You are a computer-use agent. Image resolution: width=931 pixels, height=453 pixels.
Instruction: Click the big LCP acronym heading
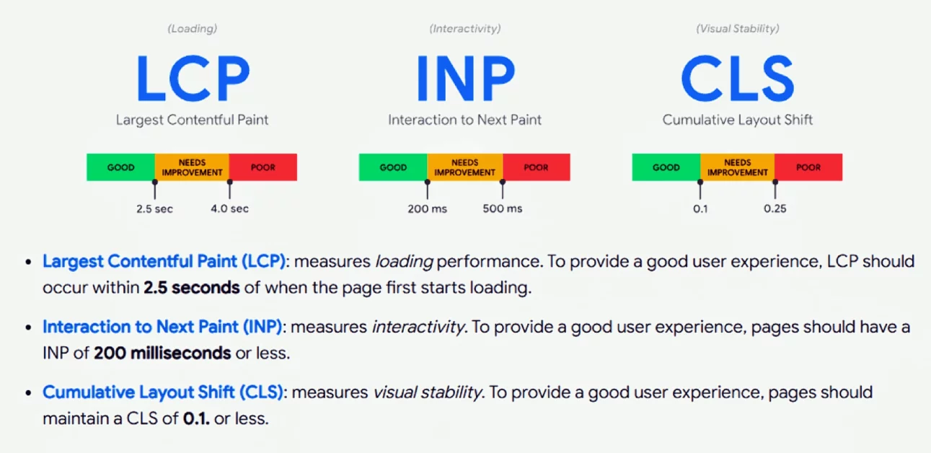coord(193,77)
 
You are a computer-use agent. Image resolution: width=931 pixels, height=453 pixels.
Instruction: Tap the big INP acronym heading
coord(465,77)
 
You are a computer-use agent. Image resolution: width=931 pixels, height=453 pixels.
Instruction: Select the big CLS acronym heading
coord(737,77)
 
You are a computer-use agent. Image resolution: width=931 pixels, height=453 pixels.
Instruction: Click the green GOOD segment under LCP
coord(120,167)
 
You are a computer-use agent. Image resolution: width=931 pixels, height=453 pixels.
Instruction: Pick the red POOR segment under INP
coord(536,167)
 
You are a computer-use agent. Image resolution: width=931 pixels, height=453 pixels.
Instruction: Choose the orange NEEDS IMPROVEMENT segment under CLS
coord(737,167)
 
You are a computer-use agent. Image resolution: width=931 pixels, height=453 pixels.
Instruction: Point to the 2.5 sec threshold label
coord(154,209)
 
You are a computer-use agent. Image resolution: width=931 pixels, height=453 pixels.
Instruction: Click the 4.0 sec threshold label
coord(230,209)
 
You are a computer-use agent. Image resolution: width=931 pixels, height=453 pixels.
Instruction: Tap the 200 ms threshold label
coord(427,209)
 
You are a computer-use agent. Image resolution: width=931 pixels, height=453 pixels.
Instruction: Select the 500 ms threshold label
coord(503,209)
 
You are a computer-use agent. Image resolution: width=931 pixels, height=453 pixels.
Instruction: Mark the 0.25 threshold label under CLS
coord(775,209)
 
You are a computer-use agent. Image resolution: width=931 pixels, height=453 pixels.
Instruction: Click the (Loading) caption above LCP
coord(193,29)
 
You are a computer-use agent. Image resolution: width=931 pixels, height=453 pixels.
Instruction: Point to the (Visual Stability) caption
coord(737,29)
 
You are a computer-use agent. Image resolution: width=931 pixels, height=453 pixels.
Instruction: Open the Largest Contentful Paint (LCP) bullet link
coord(164,261)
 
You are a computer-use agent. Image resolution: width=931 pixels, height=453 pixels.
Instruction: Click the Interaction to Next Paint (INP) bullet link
coord(162,327)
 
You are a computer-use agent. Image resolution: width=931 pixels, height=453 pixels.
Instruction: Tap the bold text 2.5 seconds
coord(191,288)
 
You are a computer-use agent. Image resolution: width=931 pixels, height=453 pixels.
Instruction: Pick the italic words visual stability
coord(427,392)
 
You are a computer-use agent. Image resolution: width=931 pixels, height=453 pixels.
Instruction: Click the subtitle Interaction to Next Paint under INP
coord(465,120)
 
